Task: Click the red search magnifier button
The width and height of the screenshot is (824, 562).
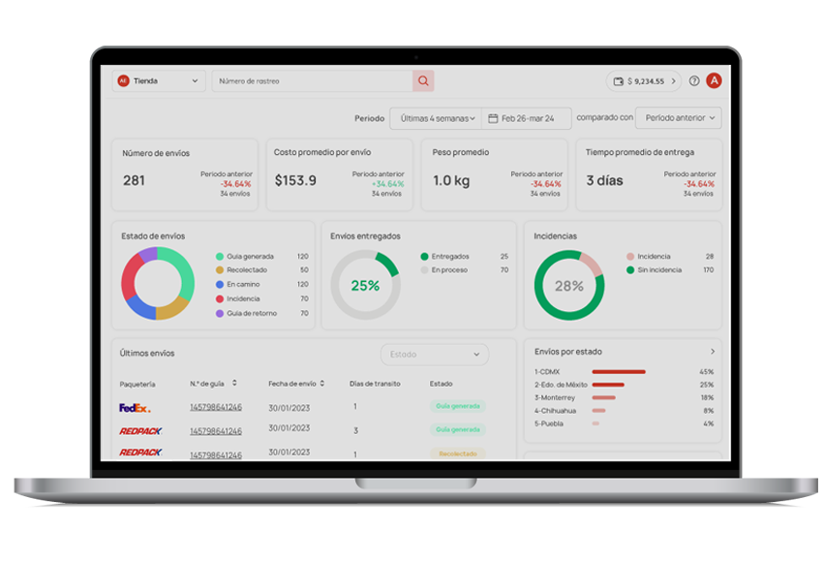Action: [x=422, y=81]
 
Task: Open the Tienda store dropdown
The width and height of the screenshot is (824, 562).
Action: [x=160, y=81]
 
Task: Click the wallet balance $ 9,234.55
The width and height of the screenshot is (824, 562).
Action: [x=644, y=81]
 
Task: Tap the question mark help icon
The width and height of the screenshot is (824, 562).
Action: [x=693, y=81]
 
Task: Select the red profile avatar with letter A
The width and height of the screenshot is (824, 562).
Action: [x=714, y=81]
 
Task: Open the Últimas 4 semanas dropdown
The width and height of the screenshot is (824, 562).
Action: [x=435, y=118]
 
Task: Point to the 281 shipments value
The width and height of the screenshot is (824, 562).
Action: [x=134, y=180]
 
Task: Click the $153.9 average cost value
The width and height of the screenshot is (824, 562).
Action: [x=294, y=180]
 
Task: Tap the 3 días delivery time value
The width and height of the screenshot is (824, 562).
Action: [x=604, y=180]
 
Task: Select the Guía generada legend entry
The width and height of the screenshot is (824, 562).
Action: [x=247, y=256]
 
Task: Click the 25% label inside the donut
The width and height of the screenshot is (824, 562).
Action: [x=365, y=286]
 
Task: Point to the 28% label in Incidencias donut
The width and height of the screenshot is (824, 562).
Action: [x=568, y=286]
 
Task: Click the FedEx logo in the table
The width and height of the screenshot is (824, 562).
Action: [x=135, y=408]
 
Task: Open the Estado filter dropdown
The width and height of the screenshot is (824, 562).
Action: [x=435, y=355]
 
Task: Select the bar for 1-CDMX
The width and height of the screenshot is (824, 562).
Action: [x=618, y=371]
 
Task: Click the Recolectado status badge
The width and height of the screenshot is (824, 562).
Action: [x=458, y=453]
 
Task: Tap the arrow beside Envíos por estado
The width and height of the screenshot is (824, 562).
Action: [x=713, y=352]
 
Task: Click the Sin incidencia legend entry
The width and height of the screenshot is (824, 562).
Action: [x=659, y=270]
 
